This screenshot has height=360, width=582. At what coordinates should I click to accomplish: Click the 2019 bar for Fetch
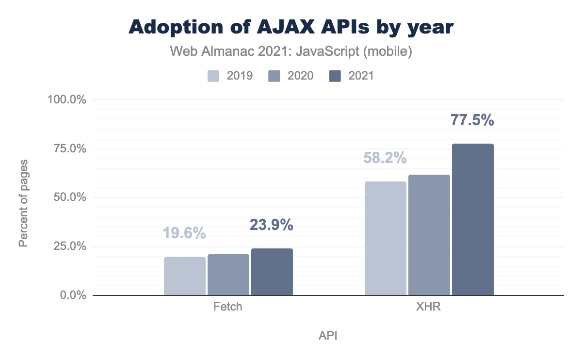pos(185,276)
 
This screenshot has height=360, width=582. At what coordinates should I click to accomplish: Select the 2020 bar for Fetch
pos(228,275)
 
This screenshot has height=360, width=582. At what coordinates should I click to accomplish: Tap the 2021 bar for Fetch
pos(272,272)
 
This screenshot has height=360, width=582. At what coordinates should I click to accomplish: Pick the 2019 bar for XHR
pos(385,238)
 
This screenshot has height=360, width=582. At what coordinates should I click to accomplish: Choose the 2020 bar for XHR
pos(429,235)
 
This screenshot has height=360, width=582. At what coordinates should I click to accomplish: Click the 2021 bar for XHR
pos(472,219)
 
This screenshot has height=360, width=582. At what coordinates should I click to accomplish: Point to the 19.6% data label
pos(184,233)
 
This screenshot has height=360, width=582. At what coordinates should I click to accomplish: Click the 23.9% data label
pos(272,225)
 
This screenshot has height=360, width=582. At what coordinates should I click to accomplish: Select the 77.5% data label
pos(472,120)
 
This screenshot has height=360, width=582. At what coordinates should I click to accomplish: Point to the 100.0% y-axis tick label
pos(66,100)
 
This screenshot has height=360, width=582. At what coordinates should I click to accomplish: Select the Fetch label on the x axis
pos(228,308)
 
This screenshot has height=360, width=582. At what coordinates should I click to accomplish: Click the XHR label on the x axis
pos(429,308)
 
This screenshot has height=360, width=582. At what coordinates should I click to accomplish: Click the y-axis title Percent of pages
pos(23,202)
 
